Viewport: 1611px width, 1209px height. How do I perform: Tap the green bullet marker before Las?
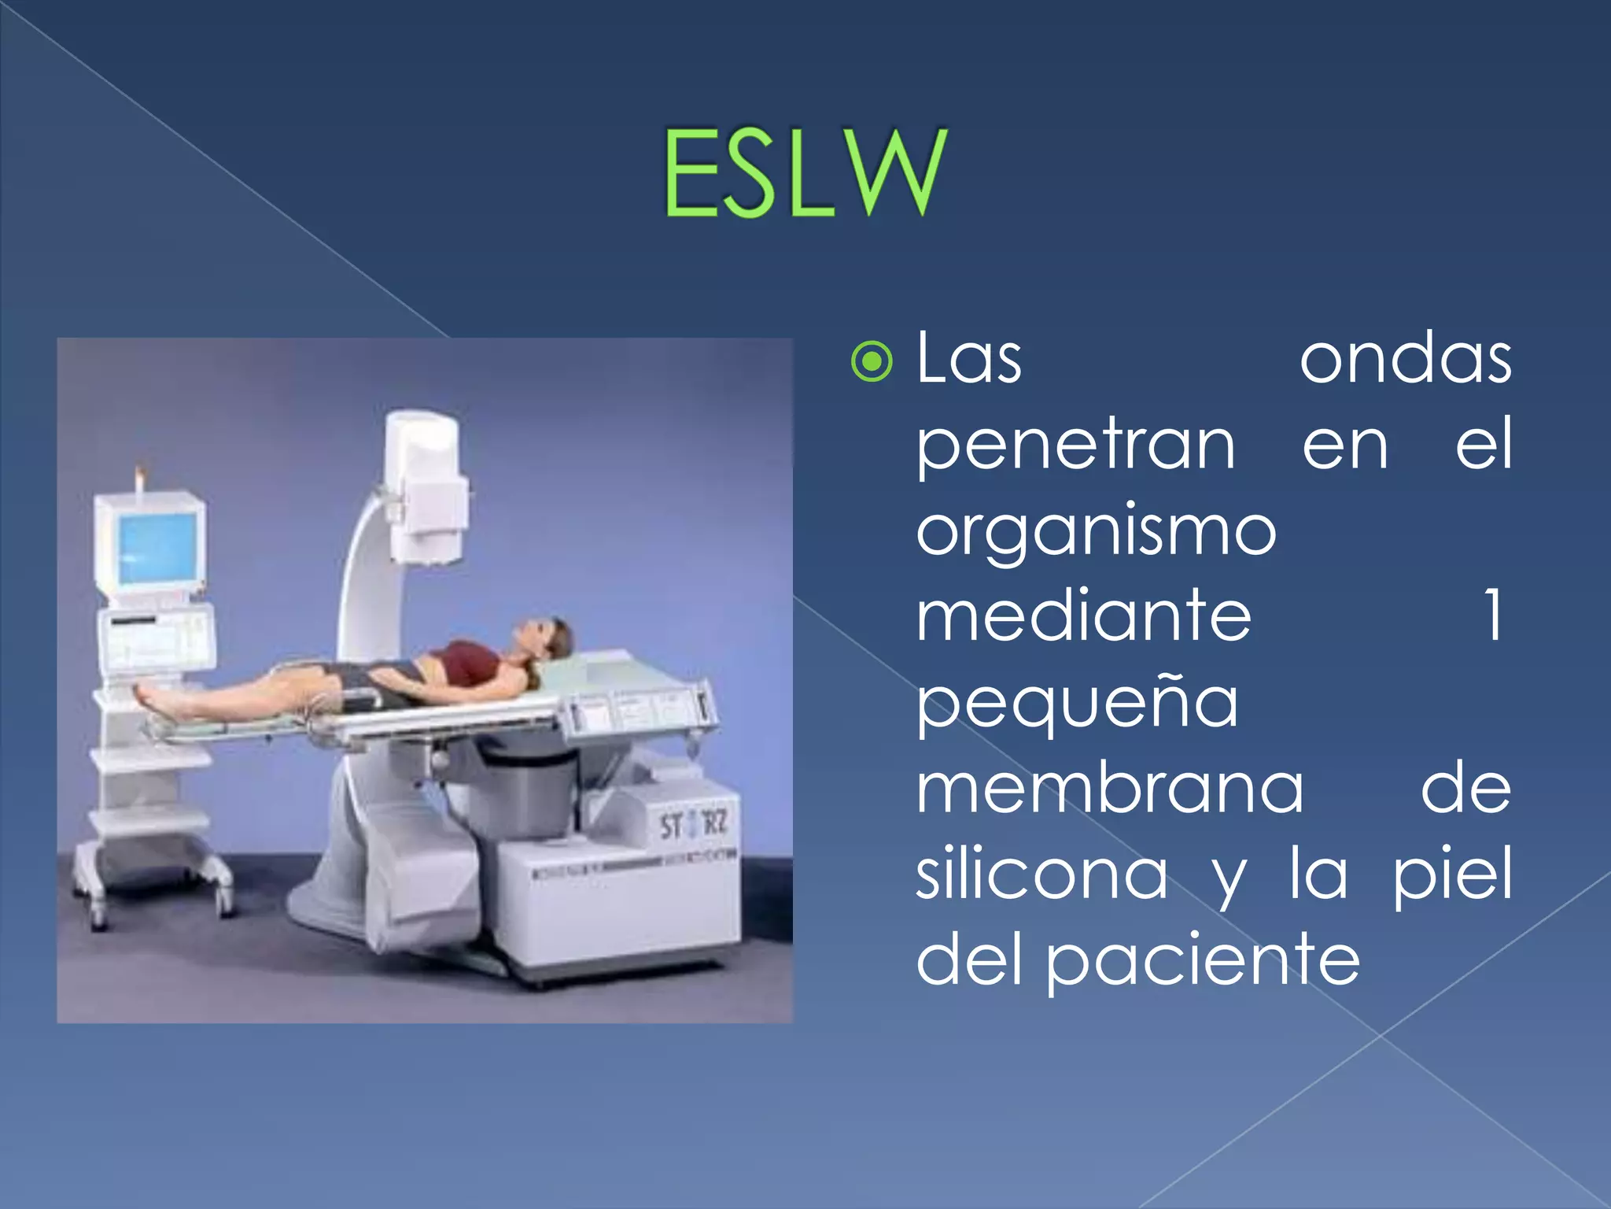(x=872, y=362)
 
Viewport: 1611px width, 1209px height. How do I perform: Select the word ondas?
(x=1405, y=360)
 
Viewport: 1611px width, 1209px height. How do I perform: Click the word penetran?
(x=1075, y=446)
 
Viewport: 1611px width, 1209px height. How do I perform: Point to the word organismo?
(x=1096, y=533)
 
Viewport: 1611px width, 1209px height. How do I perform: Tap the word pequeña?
(x=1077, y=703)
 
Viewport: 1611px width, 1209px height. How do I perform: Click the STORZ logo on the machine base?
(x=693, y=826)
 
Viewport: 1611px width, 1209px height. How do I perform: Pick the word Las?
(x=969, y=360)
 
